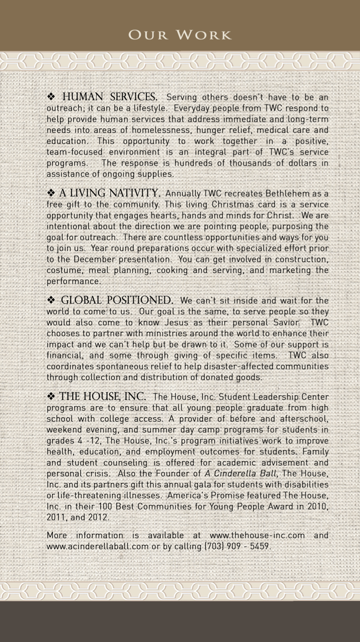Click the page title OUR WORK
click(180, 35)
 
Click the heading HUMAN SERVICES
click(109, 97)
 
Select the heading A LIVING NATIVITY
click(109, 193)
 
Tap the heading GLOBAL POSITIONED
click(117, 300)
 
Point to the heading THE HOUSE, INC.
click(102, 396)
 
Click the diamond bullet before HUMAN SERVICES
click(51, 97)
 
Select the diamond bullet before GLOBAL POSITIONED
click(51, 300)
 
